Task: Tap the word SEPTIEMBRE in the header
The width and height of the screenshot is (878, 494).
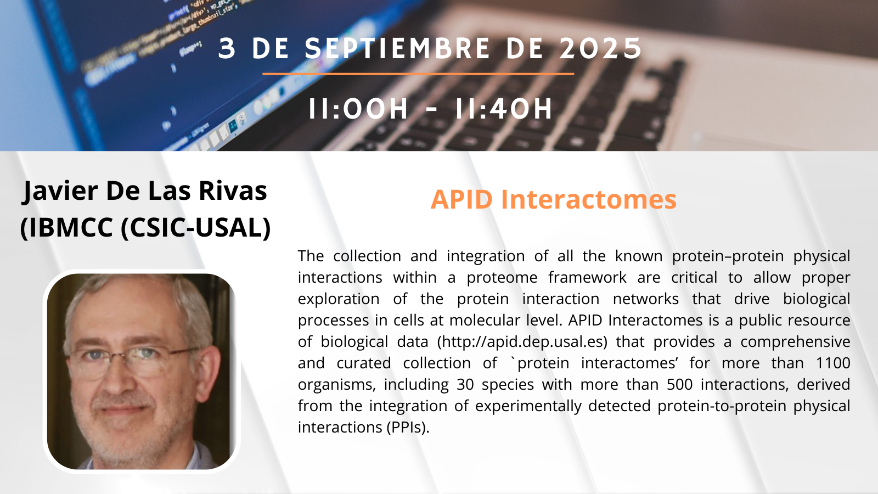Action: [397, 49]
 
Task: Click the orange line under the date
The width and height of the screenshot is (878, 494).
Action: [418, 74]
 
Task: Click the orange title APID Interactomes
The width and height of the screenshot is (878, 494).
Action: [554, 199]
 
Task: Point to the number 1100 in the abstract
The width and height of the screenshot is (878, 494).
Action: [832, 363]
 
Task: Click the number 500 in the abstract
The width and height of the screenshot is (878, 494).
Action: [680, 384]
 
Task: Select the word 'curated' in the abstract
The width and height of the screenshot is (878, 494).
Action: [364, 363]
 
